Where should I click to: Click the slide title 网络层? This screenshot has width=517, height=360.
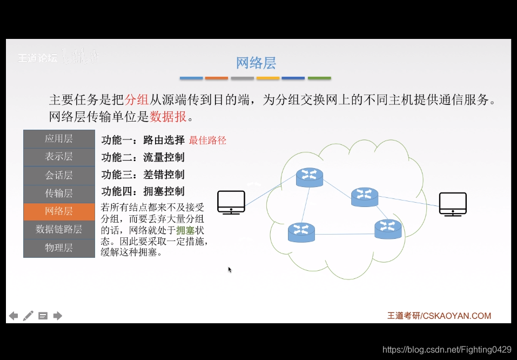pyautogui.click(x=256, y=63)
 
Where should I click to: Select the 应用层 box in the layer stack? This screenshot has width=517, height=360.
pyautogui.click(x=59, y=139)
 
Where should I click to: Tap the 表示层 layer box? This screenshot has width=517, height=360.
pyautogui.click(x=59, y=157)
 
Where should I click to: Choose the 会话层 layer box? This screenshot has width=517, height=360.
pyautogui.click(x=59, y=175)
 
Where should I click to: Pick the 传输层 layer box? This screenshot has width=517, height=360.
pyautogui.click(x=59, y=193)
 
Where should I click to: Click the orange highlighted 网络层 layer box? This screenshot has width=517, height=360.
pyautogui.click(x=59, y=211)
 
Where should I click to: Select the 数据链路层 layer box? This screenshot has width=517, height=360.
pyautogui.click(x=59, y=229)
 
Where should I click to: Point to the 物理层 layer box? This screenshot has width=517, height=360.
pyautogui.click(x=59, y=248)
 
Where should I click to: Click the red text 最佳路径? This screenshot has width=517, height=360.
pyautogui.click(x=207, y=141)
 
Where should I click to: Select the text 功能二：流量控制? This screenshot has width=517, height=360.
pyautogui.click(x=143, y=157)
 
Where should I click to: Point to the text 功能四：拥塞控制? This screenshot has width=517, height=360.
pyautogui.click(x=143, y=191)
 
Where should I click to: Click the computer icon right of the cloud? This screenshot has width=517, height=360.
pyautogui.click(x=453, y=204)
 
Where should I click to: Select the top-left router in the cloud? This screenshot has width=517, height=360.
pyautogui.click(x=310, y=177)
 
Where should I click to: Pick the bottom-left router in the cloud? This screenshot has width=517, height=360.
pyautogui.click(x=301, y=232)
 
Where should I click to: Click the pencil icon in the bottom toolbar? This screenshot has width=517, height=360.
pyautogui.click(x=28, y=316)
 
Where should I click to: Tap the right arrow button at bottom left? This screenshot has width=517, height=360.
pyautogui.click(x=58, y=316)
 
